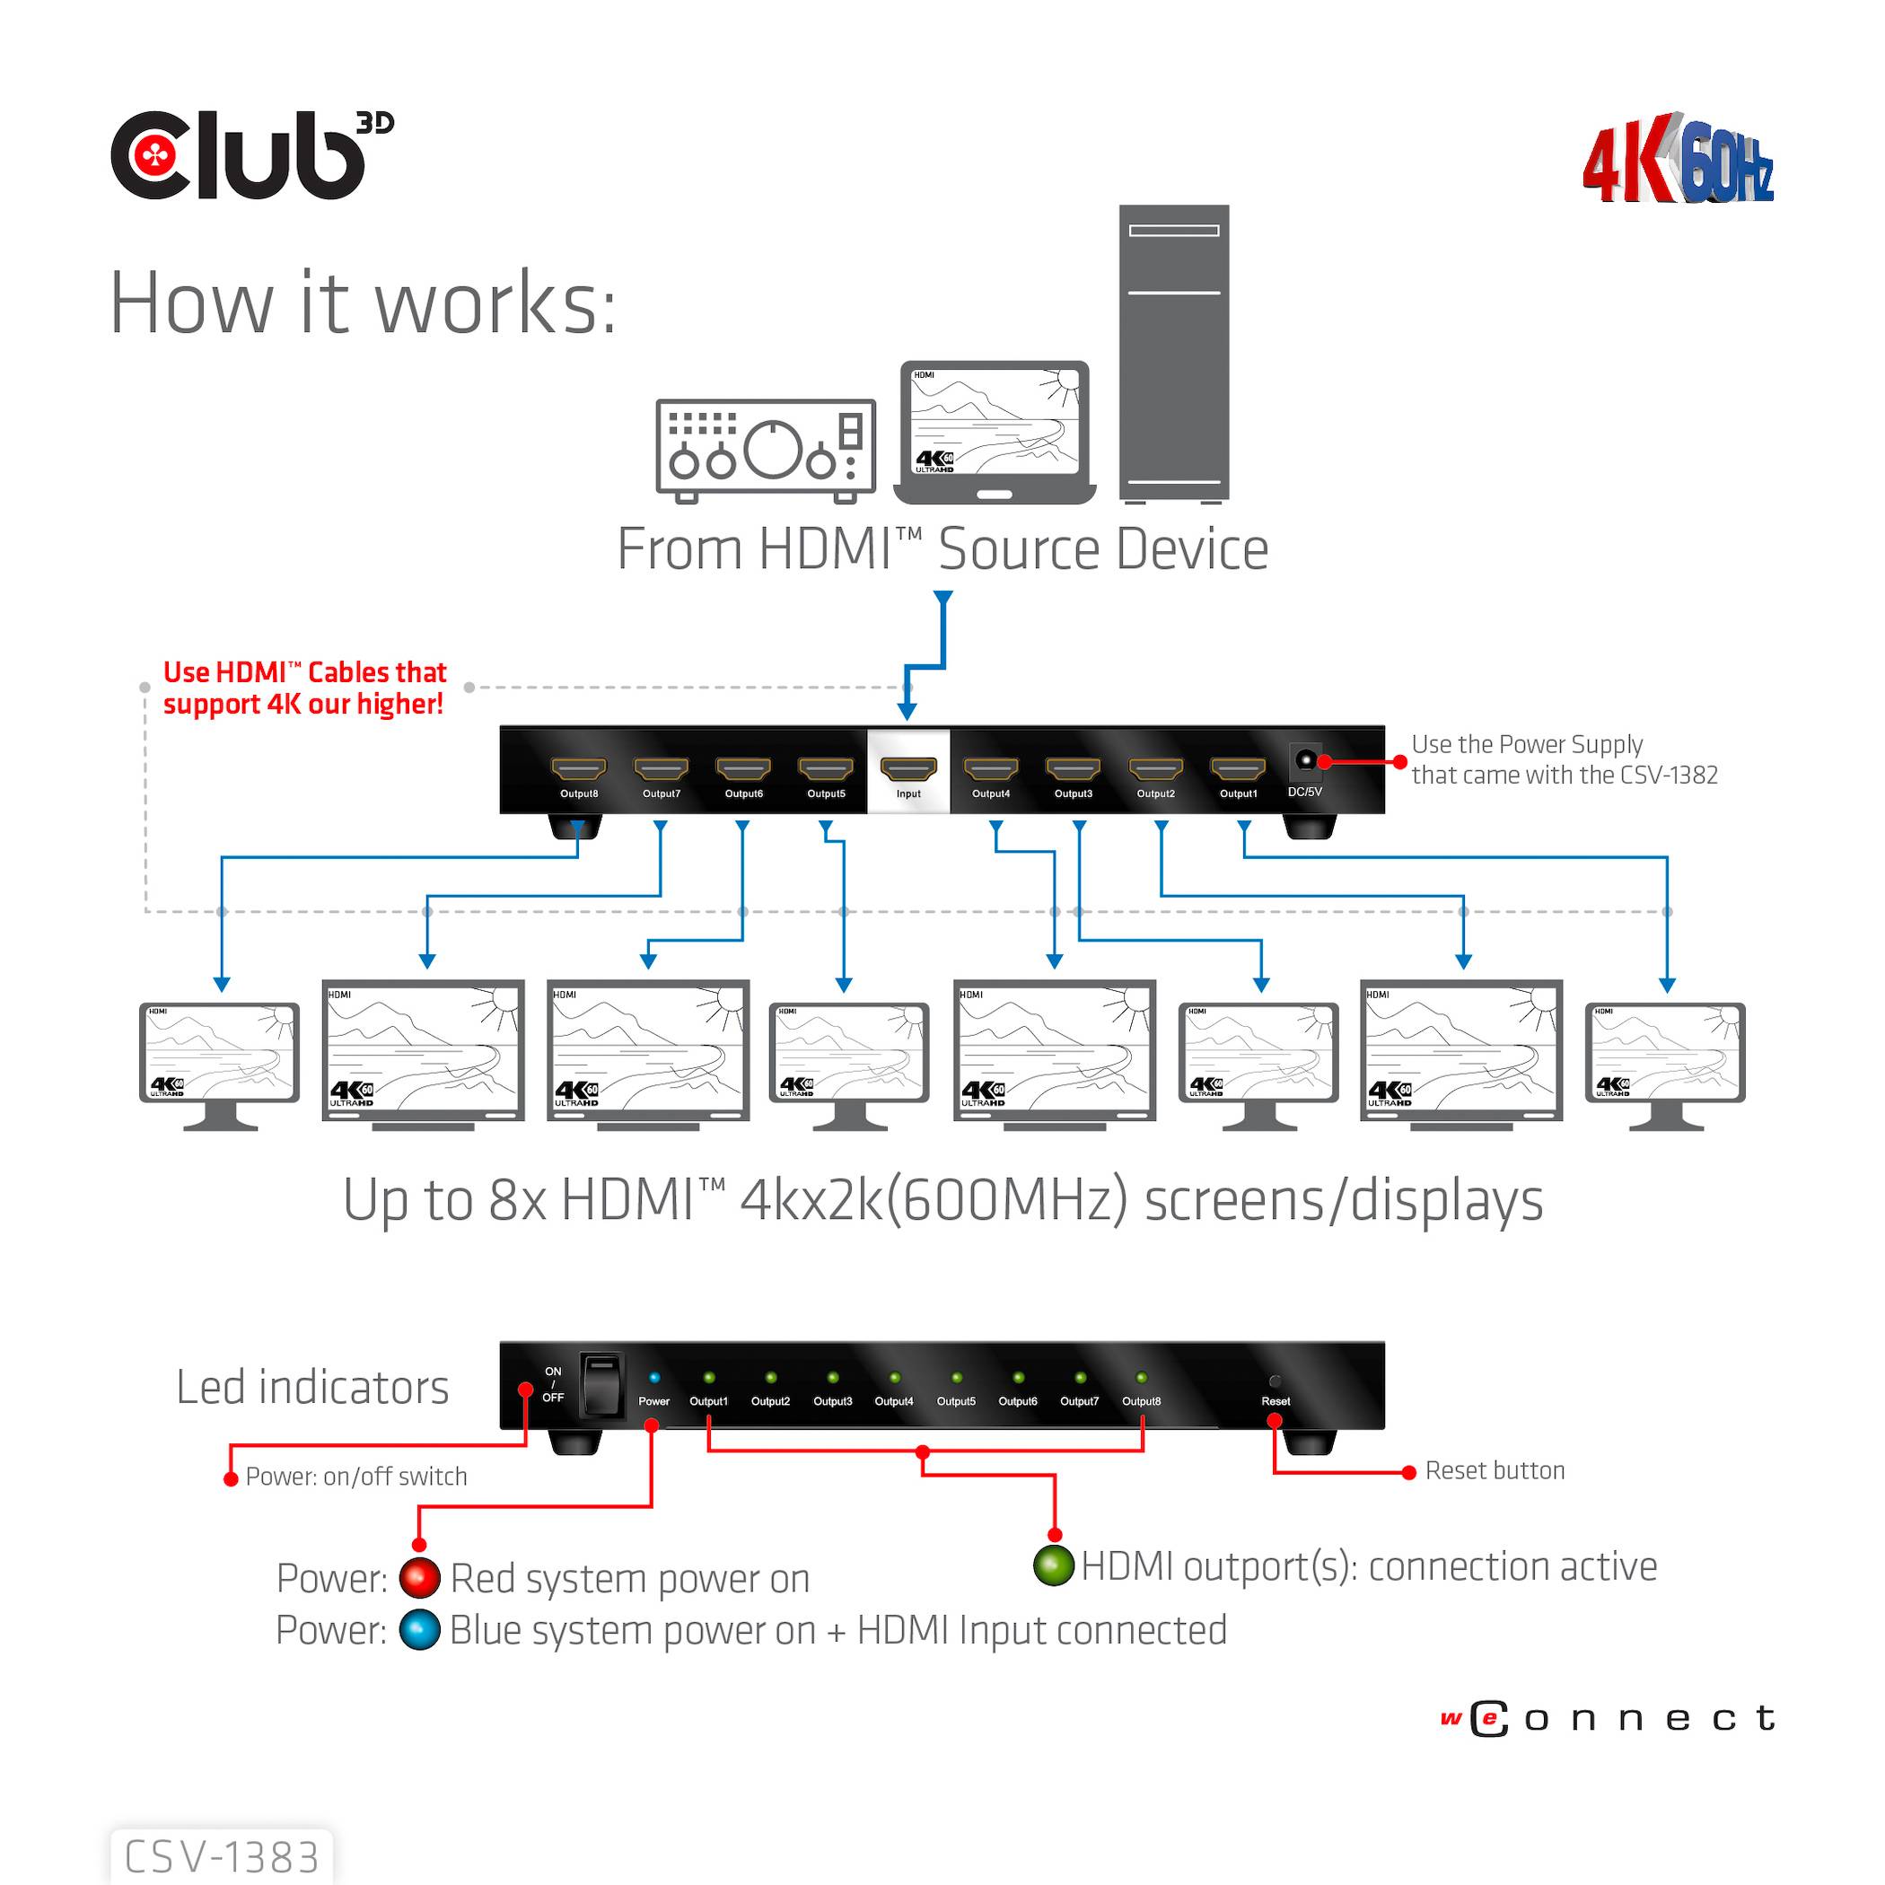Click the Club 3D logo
coord(250,156)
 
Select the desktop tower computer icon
coord(1174,353)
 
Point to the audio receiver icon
coord(766,450)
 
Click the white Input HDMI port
coord(907,769)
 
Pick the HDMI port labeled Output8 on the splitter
coord(579,769)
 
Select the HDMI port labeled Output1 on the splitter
coord(1237,769)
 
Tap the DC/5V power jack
coord(1304,760)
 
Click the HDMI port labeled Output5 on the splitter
coord(826,769)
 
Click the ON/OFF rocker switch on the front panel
coord(601,1384)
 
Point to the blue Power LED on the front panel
coord(653,1378)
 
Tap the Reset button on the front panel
coord(1275,1381)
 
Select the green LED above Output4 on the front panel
coord(894,1378)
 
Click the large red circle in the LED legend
coord(420,1577)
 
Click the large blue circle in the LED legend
coord(420,1629)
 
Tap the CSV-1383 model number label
coord(223,1856)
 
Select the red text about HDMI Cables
coord(304,688)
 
